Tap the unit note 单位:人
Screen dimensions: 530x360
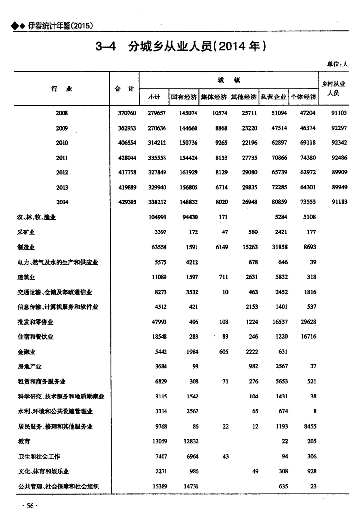338,64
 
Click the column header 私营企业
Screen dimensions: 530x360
273,97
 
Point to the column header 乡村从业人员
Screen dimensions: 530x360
333,89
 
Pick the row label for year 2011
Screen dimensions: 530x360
62,158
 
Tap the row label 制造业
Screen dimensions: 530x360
26,247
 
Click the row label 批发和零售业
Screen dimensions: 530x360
35,322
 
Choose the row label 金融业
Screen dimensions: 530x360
26,352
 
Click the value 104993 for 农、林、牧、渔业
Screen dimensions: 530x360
158,217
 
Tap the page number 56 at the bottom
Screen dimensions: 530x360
29,506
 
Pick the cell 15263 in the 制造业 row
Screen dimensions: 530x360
248,247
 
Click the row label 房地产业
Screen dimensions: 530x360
29,367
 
